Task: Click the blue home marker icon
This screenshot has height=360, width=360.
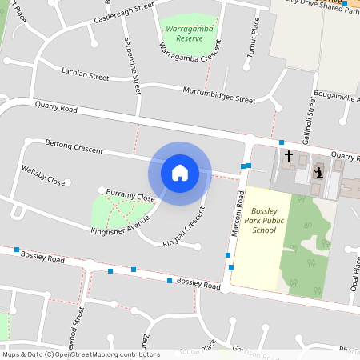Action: click(180, 172)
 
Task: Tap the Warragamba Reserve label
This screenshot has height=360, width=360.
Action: click(189, 33)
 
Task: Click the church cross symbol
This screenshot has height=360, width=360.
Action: click(288, 157)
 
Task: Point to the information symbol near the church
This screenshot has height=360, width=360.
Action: click(318, 172)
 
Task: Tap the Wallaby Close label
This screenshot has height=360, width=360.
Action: click(43, 176)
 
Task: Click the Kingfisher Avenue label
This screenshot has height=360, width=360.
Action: click(121, 225)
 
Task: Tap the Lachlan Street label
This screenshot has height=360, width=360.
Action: click(85, 74)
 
